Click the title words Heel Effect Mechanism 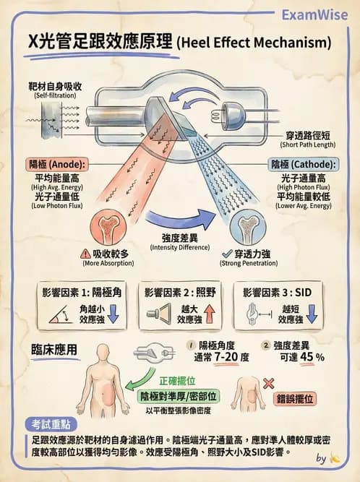click(x=254, y=43)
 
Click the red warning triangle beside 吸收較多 click(x=87, y=254)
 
